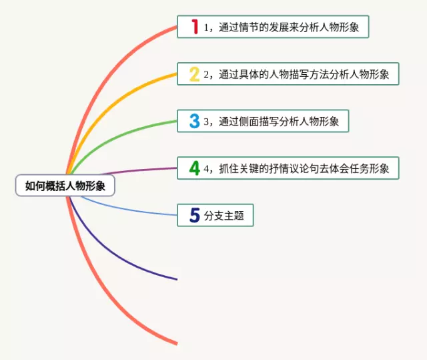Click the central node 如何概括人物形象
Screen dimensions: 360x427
click(x=65, y=186)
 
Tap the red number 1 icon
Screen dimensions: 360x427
click(x=195, y=27)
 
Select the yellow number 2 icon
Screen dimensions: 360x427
click(x=194, y=73)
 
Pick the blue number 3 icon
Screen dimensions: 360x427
click(x=194, y=121)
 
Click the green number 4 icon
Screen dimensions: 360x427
click(x=194, y=168)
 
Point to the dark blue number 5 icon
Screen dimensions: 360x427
click(x=195, y=215)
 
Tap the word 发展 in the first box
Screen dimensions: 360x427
click(x=292, y=27)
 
